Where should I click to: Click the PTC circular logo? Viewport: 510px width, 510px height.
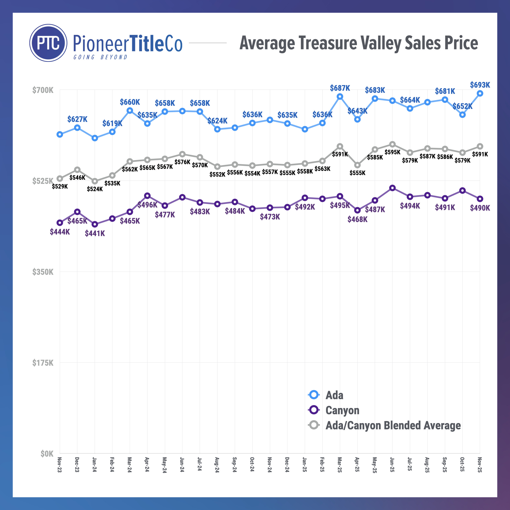coord(48,43)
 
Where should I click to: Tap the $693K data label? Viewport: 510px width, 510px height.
coord(480,85)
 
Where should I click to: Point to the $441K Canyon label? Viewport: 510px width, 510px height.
coord(95,233)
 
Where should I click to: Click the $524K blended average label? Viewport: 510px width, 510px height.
coord(95,189)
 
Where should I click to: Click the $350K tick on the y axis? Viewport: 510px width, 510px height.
coord(43,272)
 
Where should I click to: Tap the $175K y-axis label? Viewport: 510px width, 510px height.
coord(43,363)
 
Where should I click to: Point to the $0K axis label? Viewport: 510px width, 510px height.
coord(47,454)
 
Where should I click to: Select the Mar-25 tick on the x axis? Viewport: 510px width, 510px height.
coord(339,465)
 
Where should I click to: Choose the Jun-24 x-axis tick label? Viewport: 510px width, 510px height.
coord(182,465)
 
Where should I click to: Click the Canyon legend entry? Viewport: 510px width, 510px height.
coord(342,410)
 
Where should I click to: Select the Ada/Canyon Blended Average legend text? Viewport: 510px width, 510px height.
coord(393,425)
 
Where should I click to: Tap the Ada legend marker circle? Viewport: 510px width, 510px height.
coord(314,395)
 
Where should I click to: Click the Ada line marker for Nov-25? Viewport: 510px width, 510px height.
coord(480,93)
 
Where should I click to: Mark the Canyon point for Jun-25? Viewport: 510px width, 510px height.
coord(392,188)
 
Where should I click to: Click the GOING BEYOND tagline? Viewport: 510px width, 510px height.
coord(100,57)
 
